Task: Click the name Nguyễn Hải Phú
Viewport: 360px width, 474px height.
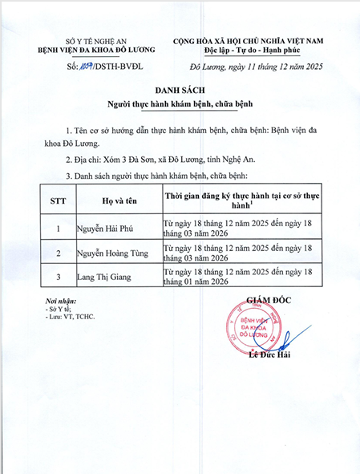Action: (110, 227)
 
